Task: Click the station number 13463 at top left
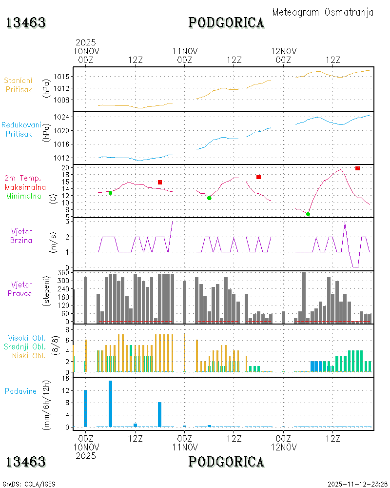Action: (26, 23)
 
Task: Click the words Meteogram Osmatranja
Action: (323, 12)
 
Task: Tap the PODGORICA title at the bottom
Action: (226, 462)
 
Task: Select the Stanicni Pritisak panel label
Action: (19, 85)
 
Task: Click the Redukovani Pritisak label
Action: (21, 129)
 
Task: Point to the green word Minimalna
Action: (23, 196)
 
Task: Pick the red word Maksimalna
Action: (25, 187)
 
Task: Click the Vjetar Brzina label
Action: (21, 236)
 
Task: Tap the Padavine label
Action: (20, 391)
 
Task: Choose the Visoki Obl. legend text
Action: (27, 338)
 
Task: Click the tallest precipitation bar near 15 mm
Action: (110, 404)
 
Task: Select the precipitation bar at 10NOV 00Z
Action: (85, 408)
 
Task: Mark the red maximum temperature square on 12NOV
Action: (357, 168)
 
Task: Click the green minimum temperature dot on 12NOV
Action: (308, 214)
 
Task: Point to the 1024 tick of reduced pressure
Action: (61, 117)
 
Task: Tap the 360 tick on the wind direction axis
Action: (63, 273)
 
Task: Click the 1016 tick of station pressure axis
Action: (61, 77)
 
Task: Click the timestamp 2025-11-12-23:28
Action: (357, 484)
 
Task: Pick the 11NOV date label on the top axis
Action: (185, 51)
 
